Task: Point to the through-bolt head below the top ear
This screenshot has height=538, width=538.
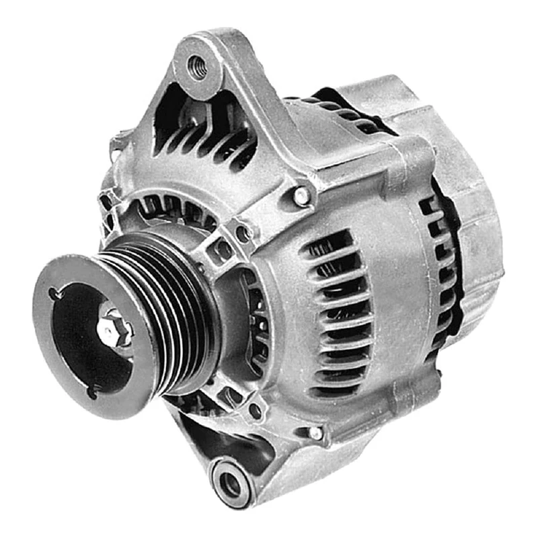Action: pos(302,196)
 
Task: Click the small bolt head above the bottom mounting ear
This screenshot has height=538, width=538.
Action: pos(315,433)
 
